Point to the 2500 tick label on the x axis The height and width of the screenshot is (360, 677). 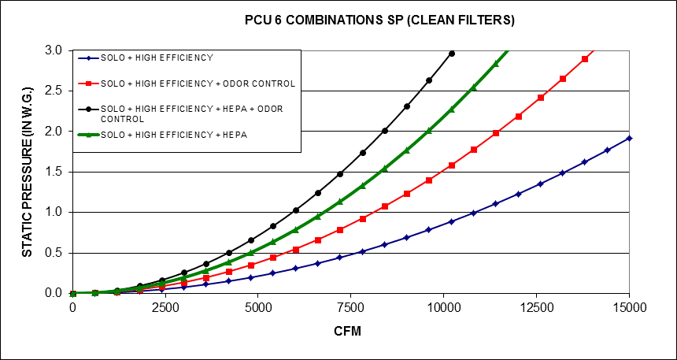pos(165,309)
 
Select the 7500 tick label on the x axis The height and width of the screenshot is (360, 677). pos(351,309)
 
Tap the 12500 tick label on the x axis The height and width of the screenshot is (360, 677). pos(537,309)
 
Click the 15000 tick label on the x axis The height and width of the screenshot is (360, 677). pos(629,309)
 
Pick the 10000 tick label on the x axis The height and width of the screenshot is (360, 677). pos(444,309)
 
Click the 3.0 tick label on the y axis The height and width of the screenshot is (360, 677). pos(54,50)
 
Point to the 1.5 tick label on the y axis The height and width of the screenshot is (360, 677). pos(54,172)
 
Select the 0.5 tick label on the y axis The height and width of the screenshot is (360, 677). pos(54,253)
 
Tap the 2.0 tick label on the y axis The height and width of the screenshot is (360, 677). pos(54,132)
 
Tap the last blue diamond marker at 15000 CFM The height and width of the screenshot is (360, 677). pos(629,138)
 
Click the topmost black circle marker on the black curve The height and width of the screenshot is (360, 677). pos(451,54)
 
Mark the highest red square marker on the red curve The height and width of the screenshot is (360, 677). pos(585,59)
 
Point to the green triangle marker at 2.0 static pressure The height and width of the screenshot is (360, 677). pos(429,130)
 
